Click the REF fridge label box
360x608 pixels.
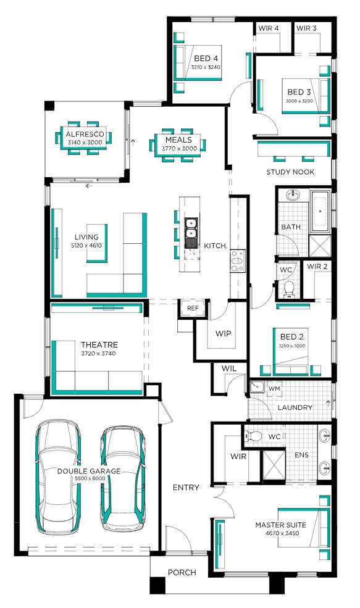(193, 308)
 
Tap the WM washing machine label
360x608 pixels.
(274, 388)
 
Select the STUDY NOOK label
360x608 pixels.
(290, 172)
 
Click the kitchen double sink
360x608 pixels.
(191, 228)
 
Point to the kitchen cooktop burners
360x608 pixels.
(237, 260)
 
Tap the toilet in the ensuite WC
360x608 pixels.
(254, 436)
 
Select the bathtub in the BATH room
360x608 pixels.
(320, 210)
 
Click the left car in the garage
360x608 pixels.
(58, 477)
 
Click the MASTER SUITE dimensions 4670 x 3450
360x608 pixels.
(280, 533)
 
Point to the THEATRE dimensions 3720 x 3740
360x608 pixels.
(99, 353)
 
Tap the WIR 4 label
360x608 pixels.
(269, 28)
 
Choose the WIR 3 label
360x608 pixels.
(306, 28)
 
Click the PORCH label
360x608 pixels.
(182, 572)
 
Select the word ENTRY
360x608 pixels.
(186, 488)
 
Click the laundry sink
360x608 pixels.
(257, 388)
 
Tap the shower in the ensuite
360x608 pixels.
(274, 467)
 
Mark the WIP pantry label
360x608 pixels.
(223, 333)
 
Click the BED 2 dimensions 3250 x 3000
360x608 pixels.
(291, 346)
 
